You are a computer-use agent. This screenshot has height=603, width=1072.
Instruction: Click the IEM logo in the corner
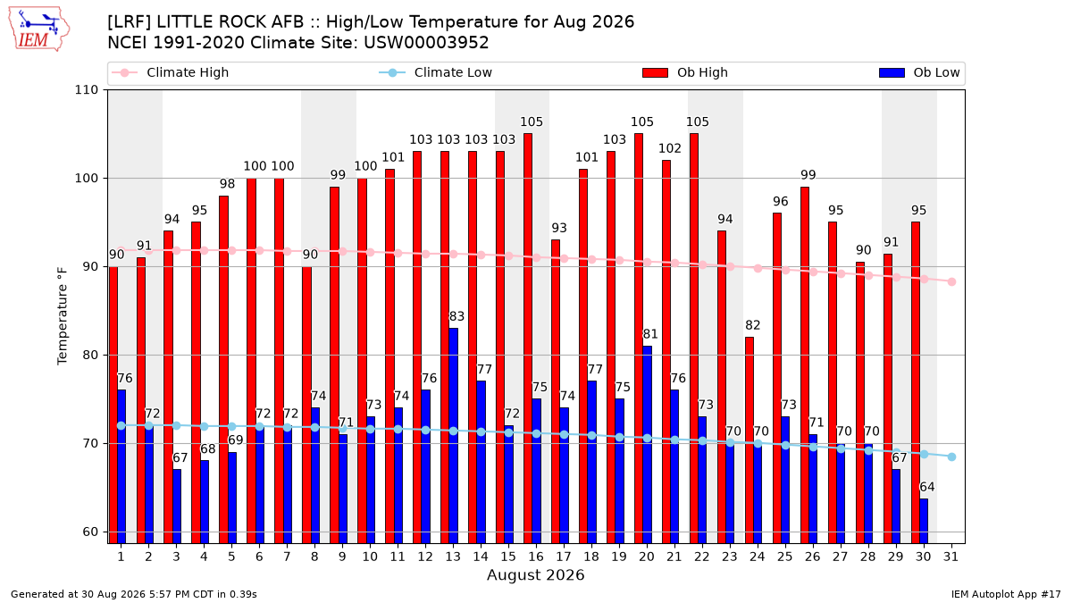(38, 29)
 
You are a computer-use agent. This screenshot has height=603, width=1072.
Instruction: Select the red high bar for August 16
(528, 339)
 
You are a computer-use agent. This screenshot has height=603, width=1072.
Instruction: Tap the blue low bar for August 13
(453, 436)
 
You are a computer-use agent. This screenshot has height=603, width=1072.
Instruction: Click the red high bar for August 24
(750, 440)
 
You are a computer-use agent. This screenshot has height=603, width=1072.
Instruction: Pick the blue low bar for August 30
(924, 521)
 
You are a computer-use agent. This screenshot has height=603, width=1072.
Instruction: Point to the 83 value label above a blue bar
(456, 316)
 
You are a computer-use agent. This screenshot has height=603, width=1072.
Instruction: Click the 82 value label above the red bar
(753, 325)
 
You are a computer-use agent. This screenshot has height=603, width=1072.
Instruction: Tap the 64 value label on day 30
(927, 487)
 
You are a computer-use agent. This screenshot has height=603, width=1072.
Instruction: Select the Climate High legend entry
(170, 72)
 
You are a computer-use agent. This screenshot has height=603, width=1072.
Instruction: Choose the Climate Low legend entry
(436, 72)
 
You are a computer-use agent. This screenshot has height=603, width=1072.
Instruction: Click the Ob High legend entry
(685, 72)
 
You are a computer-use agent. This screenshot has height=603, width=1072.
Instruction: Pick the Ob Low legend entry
(919, 72)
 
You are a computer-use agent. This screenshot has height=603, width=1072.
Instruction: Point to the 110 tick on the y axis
(86, 90)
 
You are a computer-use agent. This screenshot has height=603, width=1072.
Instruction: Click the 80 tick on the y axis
(90, 356)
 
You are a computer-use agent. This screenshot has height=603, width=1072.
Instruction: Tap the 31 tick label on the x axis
(951, 557)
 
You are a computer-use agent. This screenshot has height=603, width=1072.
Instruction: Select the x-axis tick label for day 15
(508, 557)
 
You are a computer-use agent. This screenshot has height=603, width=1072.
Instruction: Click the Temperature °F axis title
(63, 316)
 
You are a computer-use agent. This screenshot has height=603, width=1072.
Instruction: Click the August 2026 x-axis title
(535, 574)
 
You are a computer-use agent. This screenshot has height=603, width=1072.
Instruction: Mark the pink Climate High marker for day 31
(952, 282)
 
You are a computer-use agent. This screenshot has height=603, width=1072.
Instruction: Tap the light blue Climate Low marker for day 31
(952, 457)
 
